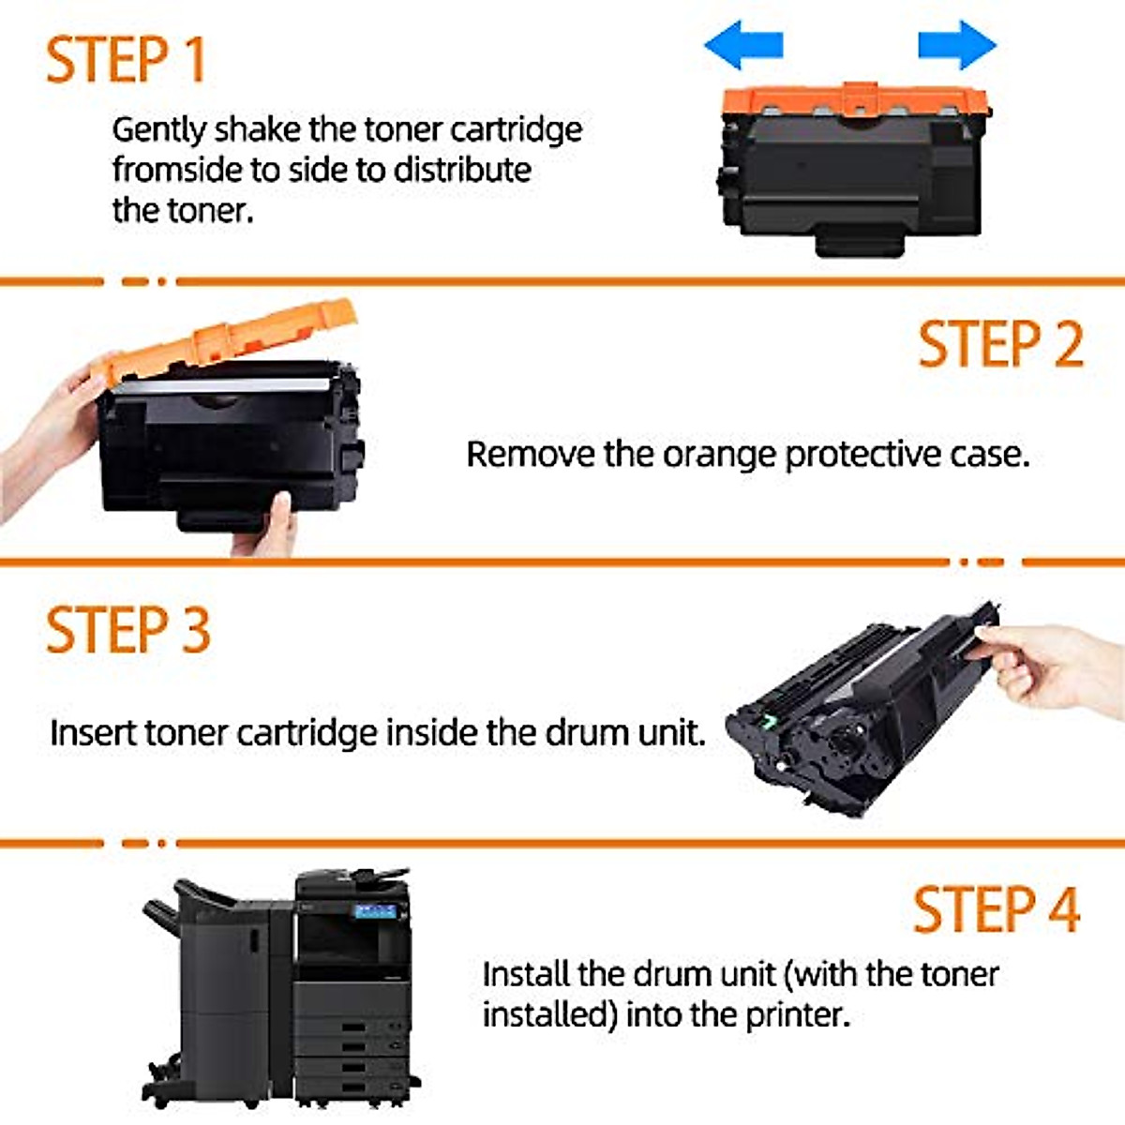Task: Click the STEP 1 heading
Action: (x=127, y=60)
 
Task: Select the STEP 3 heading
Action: (x=127, y=630)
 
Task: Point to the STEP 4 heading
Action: (x=997, y=909)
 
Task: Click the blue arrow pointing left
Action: (x=743, y=45)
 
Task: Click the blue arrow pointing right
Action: (x=957, y=45)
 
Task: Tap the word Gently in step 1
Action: (x=158, y=130)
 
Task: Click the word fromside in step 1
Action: (x=177, y=170)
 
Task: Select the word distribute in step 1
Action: (x=462, y=170)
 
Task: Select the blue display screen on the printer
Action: (x=375, y=911)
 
